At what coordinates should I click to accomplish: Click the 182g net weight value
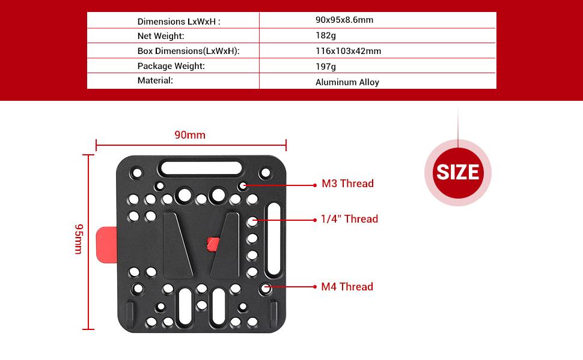(x=325, y=35)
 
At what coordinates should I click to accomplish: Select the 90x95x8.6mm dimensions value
(x=344, y=20)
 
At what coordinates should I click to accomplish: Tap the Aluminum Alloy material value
(x=347, y=82)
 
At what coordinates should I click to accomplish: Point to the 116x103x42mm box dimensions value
(x=348, y=51)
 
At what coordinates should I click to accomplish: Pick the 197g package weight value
(x=325, y=67)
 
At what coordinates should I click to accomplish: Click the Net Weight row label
(x=160, y=36)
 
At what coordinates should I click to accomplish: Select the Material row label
(x=155, y=80)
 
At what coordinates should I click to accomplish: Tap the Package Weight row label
(x=171, y=66)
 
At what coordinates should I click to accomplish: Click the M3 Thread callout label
(x=347, y=184)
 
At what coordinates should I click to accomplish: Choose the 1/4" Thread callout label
(x=350, y=219)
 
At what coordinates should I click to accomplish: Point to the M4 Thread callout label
(x=347, y=287)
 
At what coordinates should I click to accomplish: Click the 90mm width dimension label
(x=190, y=135)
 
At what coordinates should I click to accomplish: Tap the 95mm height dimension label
(x=78, y=239)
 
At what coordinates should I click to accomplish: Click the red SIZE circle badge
(x=458, y=172)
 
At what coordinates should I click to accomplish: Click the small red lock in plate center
(x=212, y=244)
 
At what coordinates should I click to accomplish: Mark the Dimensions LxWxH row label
(x=179, y=22)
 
